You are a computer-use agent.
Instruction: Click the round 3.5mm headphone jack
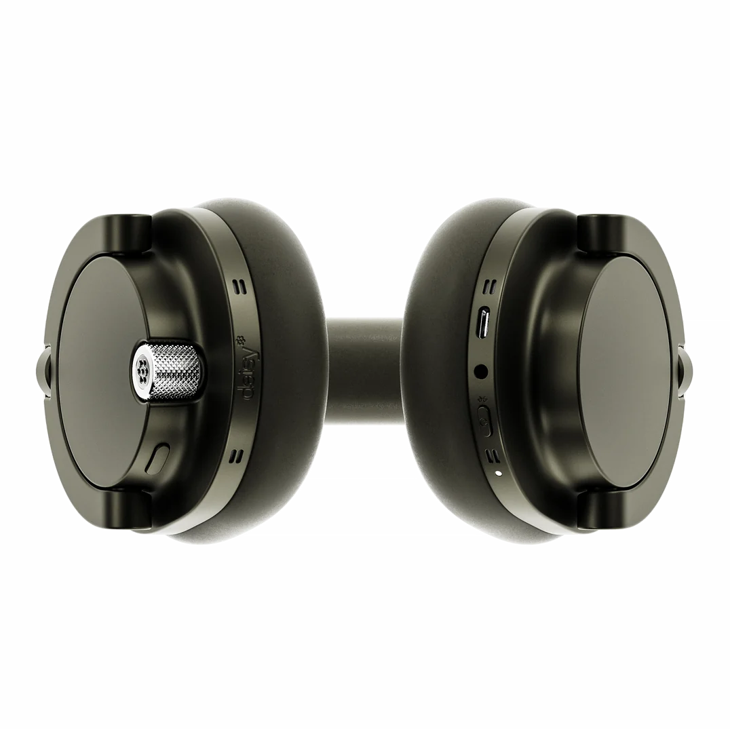pos(480,372)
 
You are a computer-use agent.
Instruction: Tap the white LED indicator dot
pos(499,474)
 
